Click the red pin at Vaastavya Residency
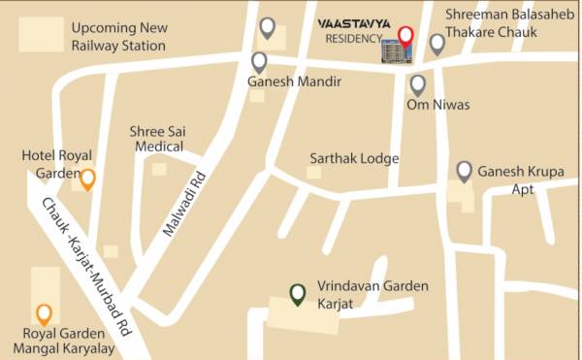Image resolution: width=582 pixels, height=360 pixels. click(406, 39)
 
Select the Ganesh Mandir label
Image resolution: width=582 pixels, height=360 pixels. click(294, 82)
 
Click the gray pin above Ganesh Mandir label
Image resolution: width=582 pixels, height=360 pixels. click(259, 62)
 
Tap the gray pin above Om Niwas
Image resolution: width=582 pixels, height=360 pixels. click(417, 84)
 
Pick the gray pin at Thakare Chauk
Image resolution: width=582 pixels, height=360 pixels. click(437, 43)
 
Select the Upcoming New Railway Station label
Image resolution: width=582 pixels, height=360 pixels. click(117, 37)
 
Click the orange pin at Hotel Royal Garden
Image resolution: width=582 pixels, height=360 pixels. click(87, 179)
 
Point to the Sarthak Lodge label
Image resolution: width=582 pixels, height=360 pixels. click(354, 157)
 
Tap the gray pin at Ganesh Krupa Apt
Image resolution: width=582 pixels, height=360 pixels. click(465, 172)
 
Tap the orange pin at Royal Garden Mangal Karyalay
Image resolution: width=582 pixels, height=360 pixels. click(44, 313)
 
